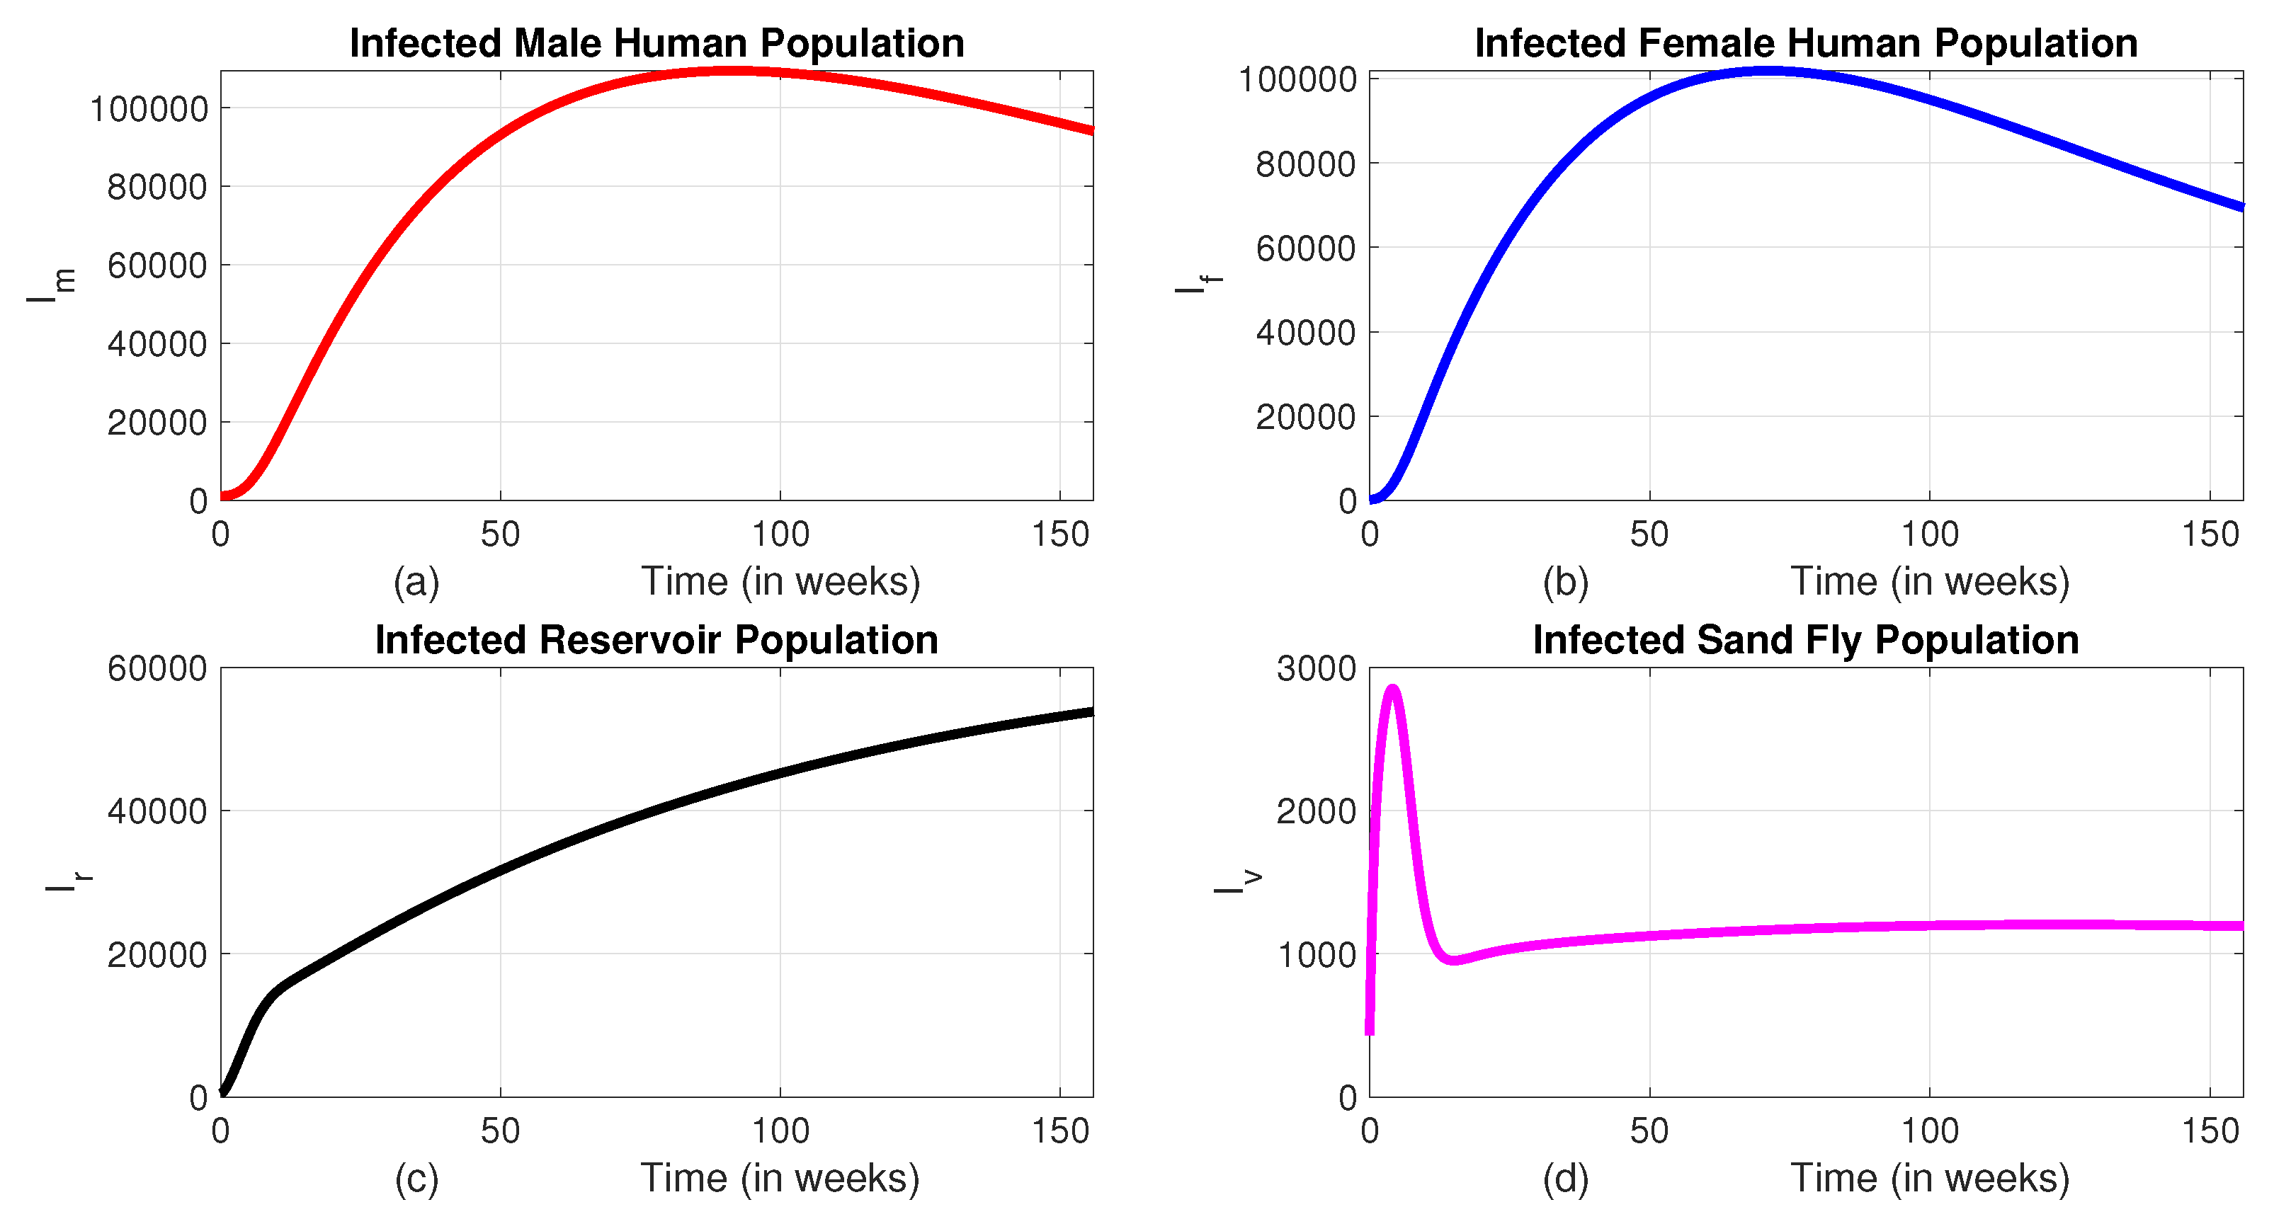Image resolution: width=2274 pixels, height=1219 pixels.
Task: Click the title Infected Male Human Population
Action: pos(656,43)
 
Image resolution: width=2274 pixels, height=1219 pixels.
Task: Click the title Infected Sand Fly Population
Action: pos(1805,640)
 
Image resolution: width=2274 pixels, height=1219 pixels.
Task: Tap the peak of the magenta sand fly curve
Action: pos(1393,689)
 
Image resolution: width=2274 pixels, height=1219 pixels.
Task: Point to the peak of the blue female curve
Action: pos(1770,71)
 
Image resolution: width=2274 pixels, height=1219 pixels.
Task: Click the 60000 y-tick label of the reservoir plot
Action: pos(157,669)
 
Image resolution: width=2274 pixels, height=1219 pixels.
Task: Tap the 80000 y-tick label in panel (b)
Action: pos(1306,164)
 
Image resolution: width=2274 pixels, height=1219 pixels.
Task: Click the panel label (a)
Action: pos(416,582)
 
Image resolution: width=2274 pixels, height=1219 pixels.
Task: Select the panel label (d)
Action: pos(1565,1179)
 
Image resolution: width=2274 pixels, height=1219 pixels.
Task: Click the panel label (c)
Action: pos(416,1179)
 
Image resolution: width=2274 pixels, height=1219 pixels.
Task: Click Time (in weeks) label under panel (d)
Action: pos(1930,1179)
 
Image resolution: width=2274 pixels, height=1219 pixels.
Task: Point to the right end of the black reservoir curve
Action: pos(1091,711)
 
